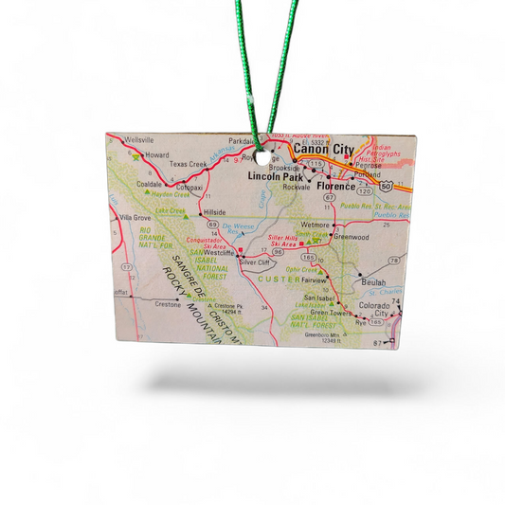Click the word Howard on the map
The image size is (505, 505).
coord(156,153)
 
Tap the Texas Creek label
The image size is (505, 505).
coord(189,164)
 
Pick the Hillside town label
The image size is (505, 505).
coord(215,211)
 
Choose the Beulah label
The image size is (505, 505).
coord(372,283)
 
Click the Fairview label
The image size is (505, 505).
coord(315,281)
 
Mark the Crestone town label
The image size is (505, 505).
coord(167,304)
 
